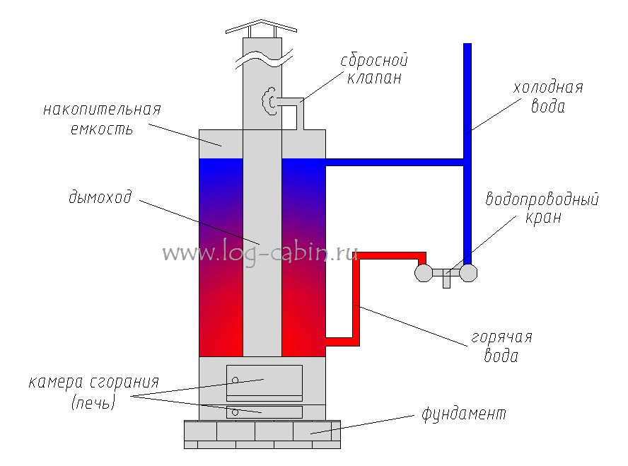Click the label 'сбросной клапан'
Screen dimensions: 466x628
point(374,69)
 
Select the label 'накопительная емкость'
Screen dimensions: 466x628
point(102,120)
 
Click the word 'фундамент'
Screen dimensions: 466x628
point(464,412)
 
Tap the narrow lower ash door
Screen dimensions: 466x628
point(264,412)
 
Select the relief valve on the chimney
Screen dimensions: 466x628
point(269,100)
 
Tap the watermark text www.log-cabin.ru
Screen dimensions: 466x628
point(260,253)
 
